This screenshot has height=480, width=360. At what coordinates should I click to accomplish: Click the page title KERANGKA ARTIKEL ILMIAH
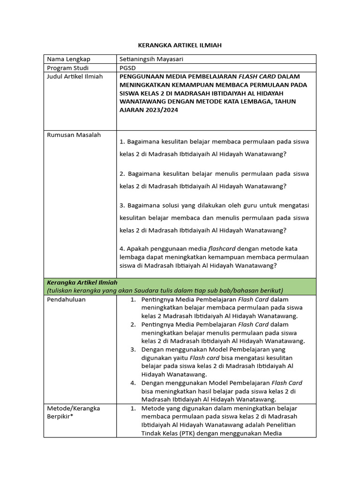[180, 45]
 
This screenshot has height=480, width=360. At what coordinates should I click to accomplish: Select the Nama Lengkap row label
[68, 59]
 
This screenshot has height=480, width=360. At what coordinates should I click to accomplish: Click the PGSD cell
[127, 67]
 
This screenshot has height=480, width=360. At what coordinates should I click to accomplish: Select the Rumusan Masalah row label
[74, 135]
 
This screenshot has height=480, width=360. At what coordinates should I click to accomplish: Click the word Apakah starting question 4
[137, 248]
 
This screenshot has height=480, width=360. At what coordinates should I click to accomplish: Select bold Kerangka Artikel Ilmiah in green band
[82, 282]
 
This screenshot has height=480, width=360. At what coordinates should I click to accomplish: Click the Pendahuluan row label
[67, 300]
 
